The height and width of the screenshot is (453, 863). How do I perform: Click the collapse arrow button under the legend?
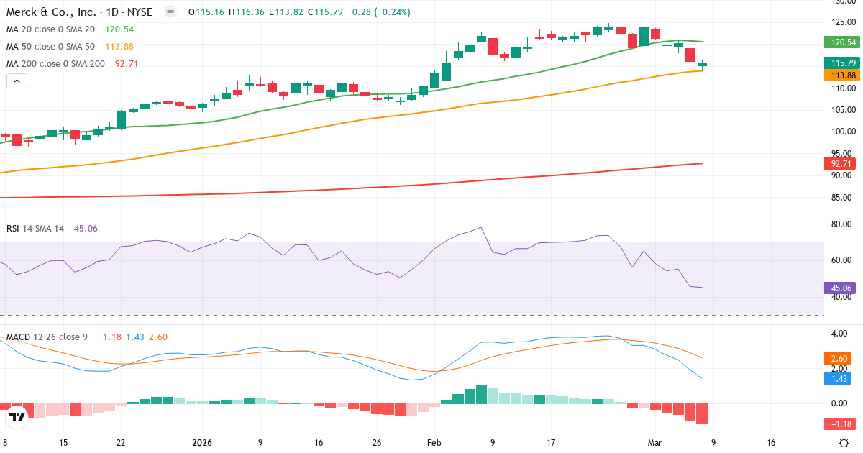[x=17, y=81]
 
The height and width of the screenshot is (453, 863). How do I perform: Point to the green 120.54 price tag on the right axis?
[x=840, y=42]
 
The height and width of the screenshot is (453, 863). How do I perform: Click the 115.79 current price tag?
[x=840, y=63]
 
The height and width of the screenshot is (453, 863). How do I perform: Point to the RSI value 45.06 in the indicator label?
[x=86, y=229]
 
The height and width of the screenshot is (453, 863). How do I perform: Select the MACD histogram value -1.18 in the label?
[x=110, y=337]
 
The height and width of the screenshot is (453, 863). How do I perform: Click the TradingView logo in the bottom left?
[x=17, y=417]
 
